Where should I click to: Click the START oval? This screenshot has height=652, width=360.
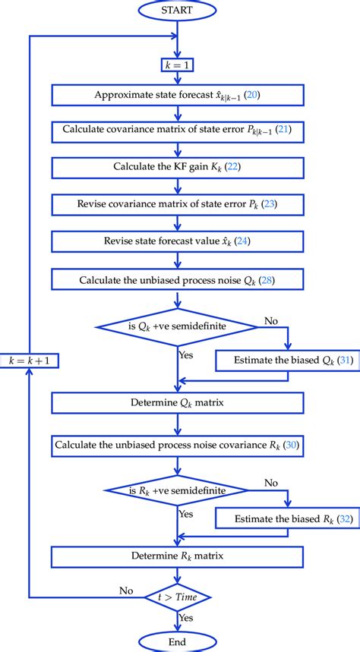click(177, 11)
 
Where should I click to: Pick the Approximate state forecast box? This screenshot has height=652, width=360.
click(177, 95)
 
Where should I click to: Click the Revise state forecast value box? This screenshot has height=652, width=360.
click(177, 242)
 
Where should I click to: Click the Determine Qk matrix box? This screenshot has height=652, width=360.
click(177, 398)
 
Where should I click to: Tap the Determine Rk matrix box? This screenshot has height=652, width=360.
click(177, 556)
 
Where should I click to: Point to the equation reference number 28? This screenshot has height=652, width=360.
click(266, 281)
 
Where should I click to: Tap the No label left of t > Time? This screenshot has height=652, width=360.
click(127, 589)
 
